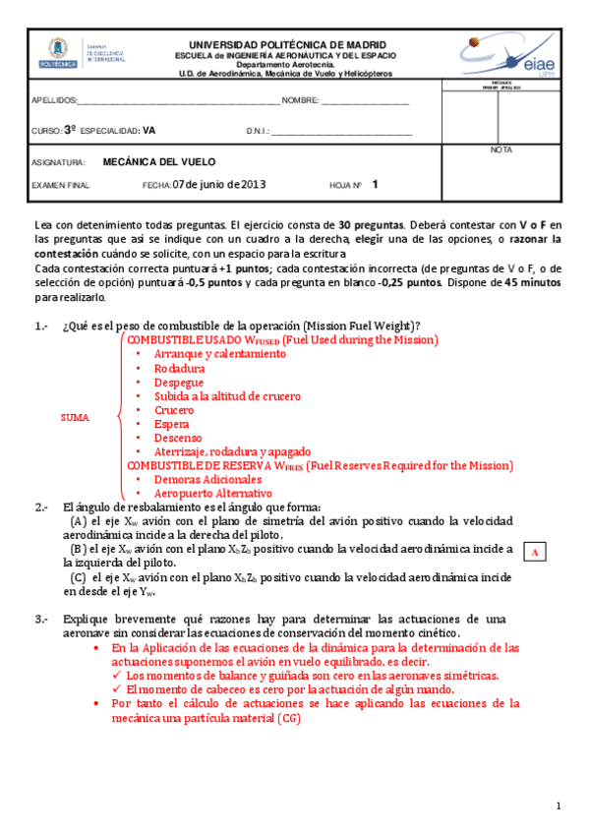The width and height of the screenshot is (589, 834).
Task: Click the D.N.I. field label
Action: pos(258,131)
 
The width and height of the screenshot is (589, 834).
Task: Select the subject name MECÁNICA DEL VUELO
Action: pos(159,162)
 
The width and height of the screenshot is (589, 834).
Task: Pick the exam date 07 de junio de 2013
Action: pos(218,184)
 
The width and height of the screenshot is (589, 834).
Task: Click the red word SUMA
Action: pos(75,417)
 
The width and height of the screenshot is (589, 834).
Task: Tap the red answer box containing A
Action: pos(534,553)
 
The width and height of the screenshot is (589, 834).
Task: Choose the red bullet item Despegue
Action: pos(179,382)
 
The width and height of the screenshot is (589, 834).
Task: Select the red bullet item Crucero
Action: pos(175,409)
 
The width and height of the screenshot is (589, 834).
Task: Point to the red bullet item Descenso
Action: pos(178,437)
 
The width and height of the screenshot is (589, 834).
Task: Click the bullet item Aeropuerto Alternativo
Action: pos(212,493)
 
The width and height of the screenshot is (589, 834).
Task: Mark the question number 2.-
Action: pos(40,507)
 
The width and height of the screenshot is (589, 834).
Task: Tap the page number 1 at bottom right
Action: pos(558,806)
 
